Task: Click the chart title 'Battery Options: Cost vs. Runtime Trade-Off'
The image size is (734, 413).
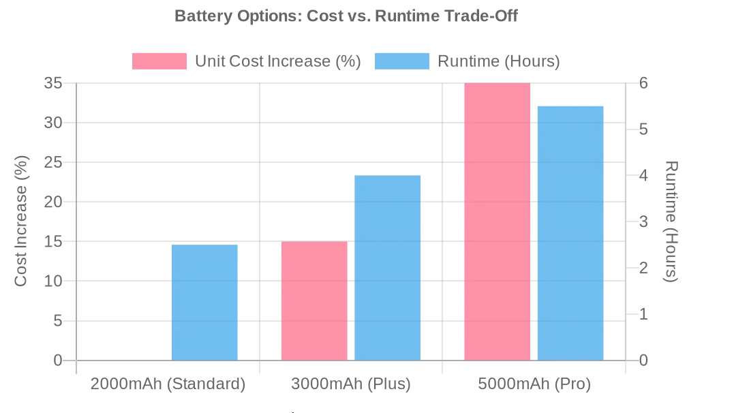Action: (x=346, y=16)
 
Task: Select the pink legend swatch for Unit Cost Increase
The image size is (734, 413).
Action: (x=159, y=61)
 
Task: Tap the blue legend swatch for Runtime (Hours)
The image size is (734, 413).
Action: (x=401, y=61)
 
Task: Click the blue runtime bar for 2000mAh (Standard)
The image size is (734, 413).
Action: (x=204, y=302)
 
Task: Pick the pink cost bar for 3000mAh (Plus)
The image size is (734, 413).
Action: (x=314, y=301)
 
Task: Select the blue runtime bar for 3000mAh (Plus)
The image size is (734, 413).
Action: (x=387, y=268)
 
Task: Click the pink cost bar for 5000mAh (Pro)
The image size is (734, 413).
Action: (x=497, y=221)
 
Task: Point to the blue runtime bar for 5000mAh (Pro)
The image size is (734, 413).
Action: (x=570, y=233)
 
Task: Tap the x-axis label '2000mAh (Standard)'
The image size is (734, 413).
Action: (x=168, y=384)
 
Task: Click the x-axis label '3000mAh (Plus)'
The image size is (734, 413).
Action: (x=351, y=384)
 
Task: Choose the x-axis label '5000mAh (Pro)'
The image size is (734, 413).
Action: (x=534, y=384)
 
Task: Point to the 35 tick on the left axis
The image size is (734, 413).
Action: (x=53, y=83)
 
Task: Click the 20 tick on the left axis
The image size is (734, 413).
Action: (x=53, y=202)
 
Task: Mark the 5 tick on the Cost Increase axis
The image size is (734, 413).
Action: (x=58, y=320)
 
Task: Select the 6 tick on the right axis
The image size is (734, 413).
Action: (x=643, y=83)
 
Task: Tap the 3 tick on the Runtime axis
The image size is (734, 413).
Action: (x=643, y=221)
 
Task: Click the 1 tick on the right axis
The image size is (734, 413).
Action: (x=643, y=314)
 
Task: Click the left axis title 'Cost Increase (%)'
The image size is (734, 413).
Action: (x=21, y=221)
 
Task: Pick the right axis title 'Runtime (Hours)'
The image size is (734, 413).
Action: (x=671, y=221)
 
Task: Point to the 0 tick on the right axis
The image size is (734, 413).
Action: (x=643, y=361)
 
